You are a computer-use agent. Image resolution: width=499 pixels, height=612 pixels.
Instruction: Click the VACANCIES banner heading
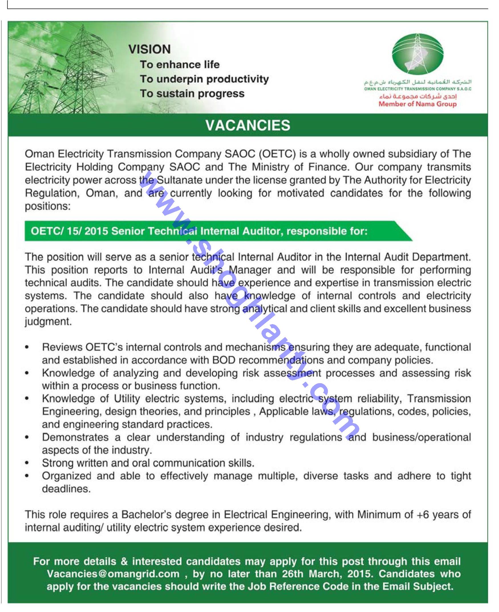tap(248, 125)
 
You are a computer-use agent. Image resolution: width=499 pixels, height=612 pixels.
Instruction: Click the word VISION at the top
tap(149, 49)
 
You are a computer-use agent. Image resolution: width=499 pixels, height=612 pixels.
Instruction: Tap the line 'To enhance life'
tap(180, 65)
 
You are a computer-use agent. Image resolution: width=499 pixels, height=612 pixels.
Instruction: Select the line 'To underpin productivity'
tap(204, 79)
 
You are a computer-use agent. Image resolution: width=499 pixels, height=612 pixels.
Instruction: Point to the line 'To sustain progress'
tap(192, 94)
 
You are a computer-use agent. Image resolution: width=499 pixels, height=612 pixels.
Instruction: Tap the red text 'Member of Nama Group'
tap(417, 104)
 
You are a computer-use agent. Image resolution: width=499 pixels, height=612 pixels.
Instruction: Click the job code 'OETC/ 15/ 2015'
tap(69, 231)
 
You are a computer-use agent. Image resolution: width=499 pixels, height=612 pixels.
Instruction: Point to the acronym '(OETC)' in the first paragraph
tap(277, 154)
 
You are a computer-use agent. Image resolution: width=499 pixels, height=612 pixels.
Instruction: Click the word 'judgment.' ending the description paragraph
tap(48, 322)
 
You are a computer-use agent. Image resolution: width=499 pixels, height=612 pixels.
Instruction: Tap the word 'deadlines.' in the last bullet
tap(66, 489)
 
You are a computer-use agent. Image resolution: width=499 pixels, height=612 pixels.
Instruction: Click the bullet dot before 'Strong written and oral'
tap(27, 463)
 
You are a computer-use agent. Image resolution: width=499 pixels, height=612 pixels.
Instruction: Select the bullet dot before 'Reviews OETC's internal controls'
tap(27, 348)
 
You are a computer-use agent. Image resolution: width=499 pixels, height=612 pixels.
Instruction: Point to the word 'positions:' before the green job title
tap(48, 206)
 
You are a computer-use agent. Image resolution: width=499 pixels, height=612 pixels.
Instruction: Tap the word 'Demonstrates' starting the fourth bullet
tap(75, 437)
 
